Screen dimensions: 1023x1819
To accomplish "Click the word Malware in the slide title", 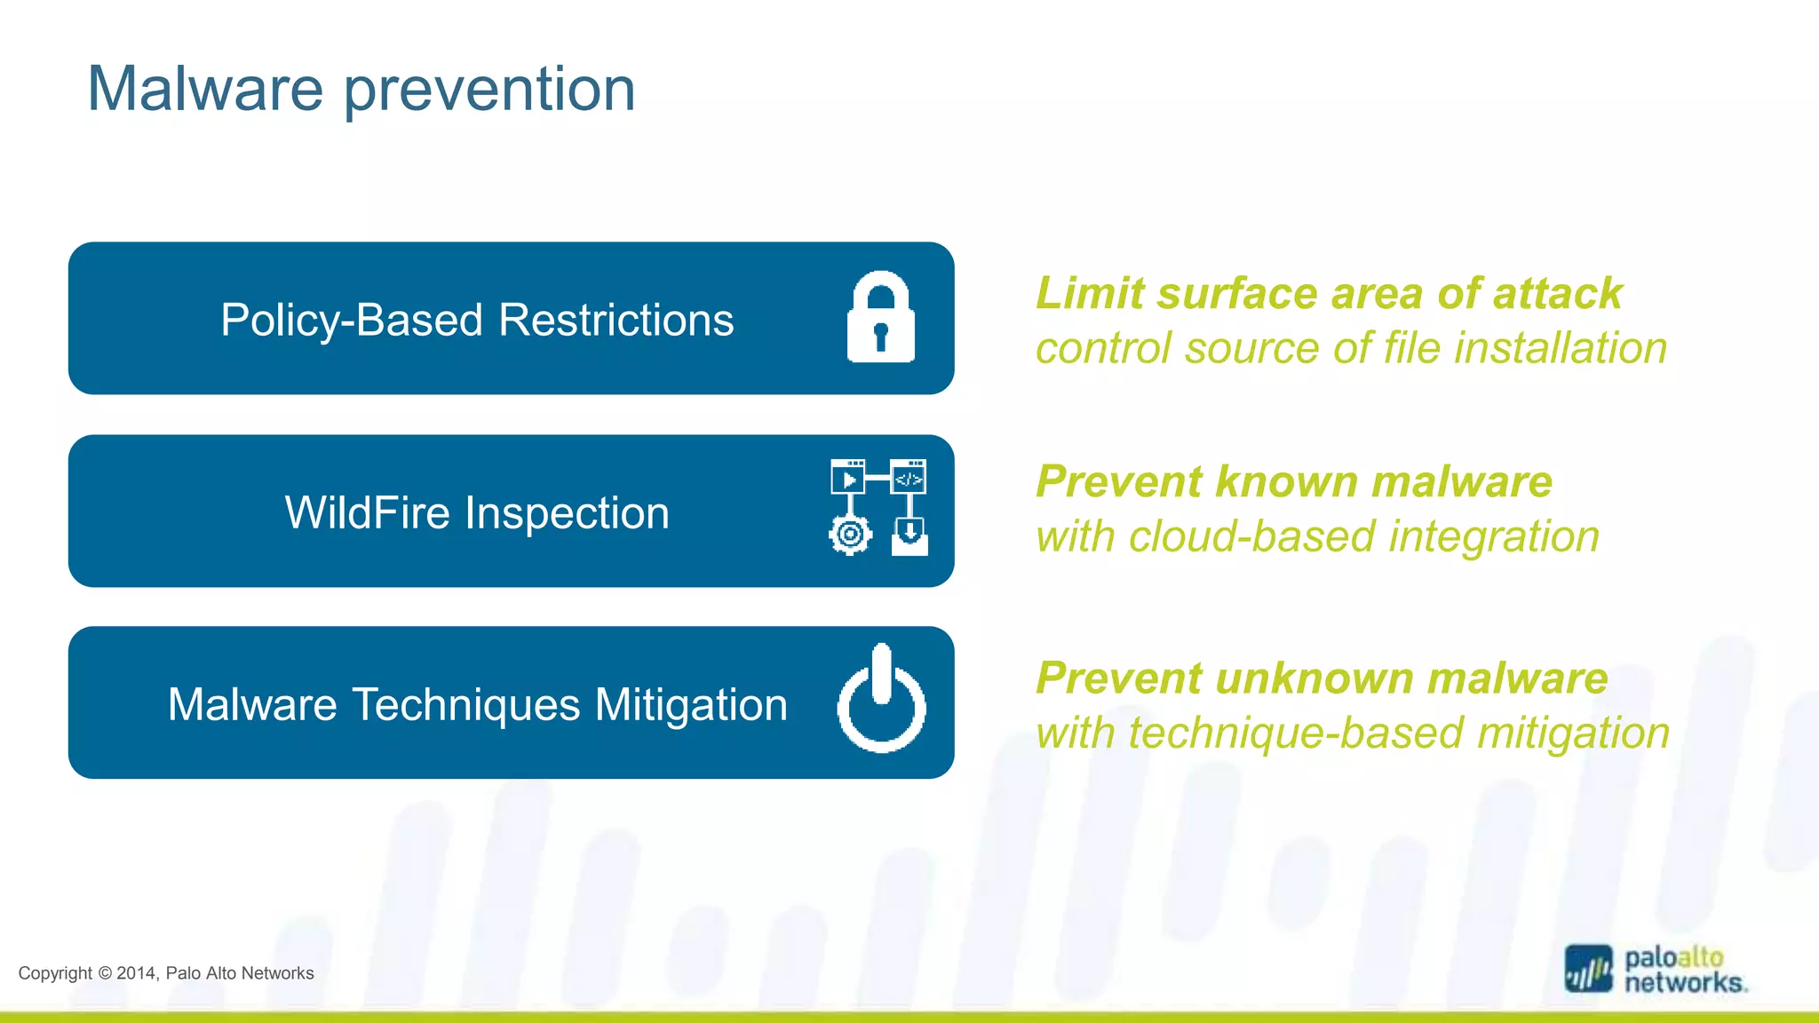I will [205, 89].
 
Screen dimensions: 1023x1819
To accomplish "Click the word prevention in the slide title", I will [489, 91].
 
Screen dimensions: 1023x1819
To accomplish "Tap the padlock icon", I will [880, 318].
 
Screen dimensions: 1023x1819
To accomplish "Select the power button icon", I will [881, 700].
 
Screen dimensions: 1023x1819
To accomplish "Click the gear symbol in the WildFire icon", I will [850, 535].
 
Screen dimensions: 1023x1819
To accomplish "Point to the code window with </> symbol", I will [908, 477].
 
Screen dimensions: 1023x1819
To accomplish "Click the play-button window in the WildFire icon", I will [848, 477].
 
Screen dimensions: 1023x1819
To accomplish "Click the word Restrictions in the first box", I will [616, 320].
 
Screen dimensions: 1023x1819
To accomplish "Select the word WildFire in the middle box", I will [367, 513].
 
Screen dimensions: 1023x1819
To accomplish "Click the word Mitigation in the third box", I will [690, 705].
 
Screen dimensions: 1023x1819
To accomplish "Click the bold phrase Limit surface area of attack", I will [1329, 293].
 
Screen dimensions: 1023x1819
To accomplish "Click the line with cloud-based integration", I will [1317, 537].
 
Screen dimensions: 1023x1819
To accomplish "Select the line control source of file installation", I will [1351, 348].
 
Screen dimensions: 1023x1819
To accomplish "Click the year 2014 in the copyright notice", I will [136, 973].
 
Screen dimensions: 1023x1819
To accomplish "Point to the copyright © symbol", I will [104, 973].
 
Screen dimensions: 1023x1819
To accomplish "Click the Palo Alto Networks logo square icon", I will [1588, 969].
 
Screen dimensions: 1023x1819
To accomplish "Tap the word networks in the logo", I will [1684, 983].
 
